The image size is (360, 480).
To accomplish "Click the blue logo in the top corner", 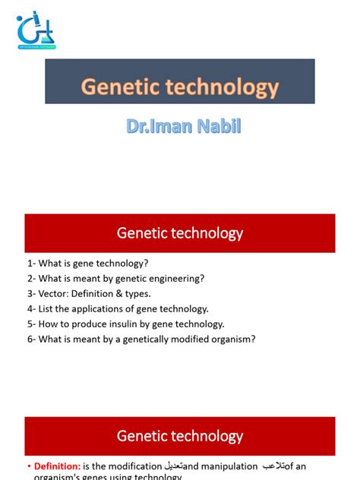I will (36, 30).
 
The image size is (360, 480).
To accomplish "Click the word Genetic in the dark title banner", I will (117, 88).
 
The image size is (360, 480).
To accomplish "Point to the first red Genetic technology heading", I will (180, 233).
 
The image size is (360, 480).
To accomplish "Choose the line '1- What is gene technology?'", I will (87, 263).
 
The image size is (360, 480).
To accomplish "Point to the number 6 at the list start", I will (30, 339).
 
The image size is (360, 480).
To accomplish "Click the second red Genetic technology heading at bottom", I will (180, 436).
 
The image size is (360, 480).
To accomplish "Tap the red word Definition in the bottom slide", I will (58, 466).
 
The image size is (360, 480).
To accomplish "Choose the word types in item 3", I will (136, 293).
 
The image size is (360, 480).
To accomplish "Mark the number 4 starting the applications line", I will (30, 308).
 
